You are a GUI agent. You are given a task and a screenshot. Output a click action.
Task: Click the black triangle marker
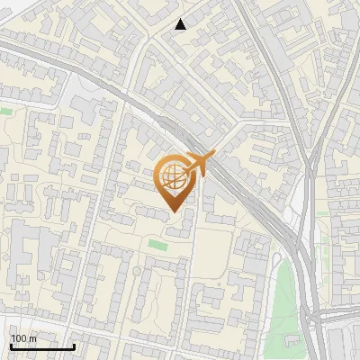point(181,24)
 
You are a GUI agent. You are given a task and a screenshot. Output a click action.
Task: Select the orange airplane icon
point(201,163)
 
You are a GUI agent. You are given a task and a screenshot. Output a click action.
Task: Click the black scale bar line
point(42,346)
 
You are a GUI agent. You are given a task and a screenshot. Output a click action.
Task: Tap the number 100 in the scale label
point(19,338)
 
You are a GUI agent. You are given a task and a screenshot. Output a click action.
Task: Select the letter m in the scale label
point(32,338)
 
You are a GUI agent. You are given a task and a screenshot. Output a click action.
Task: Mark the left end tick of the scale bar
point(10,345)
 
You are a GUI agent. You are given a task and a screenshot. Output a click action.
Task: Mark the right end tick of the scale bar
point(75,345)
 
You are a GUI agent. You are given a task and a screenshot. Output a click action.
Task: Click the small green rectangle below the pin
point(157,245)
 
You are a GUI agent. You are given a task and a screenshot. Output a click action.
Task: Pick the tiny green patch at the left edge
point(5,111)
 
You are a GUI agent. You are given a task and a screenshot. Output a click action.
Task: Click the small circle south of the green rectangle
point(136,271)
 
